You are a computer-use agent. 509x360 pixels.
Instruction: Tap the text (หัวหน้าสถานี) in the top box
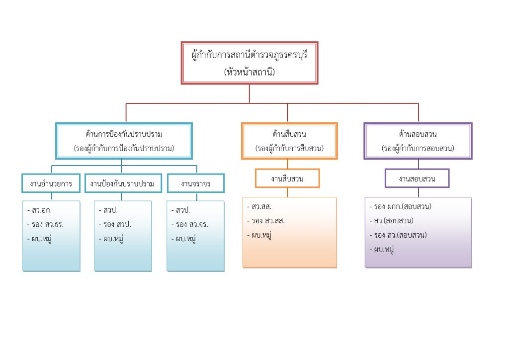coord(249,72)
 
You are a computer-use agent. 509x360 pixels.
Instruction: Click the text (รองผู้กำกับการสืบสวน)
coord(289,148)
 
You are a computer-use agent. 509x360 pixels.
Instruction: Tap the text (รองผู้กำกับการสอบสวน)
coord(418,148)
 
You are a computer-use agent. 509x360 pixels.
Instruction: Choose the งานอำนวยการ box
coord(51,183)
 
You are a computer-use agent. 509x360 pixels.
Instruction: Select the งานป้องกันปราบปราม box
coord(123,183)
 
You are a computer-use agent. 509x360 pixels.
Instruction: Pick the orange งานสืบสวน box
coord(287,178)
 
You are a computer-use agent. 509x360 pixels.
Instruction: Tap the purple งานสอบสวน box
coord(417,179)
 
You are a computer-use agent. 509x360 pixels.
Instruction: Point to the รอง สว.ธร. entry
coord(47,224)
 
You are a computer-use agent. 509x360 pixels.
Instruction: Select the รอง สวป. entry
coord(116,224)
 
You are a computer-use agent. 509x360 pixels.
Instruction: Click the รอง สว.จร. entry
coord(191,224)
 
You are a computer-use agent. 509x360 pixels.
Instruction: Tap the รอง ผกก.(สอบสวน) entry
coord(402,206)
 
